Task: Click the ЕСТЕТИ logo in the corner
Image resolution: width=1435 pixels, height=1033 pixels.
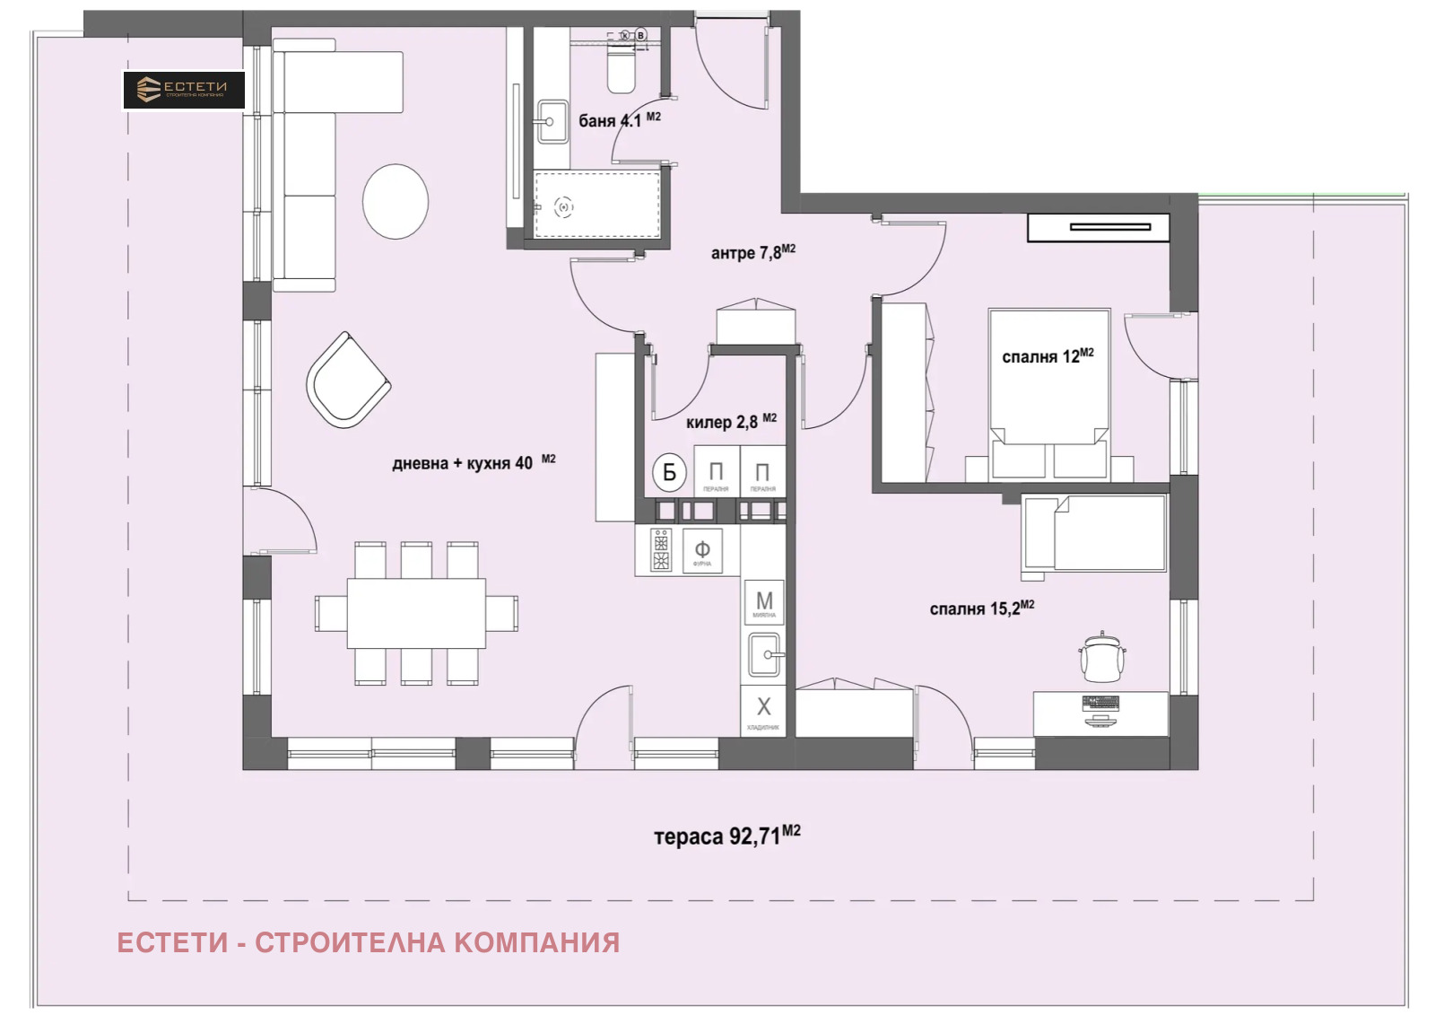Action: click(x=184, y=90)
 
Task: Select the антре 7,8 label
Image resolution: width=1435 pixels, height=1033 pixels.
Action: click(x=752, y=252)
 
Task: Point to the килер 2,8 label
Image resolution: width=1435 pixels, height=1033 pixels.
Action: click(x=730, y=422)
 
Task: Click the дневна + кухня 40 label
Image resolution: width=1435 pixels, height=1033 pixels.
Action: click(x=473, y=463)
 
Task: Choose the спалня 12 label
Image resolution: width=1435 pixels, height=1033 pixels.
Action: click(x=1047, y=356)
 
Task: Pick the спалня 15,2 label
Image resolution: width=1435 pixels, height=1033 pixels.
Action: click(x=981, y=608)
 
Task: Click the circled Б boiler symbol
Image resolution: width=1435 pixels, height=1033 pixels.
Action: click(x=669, y=472)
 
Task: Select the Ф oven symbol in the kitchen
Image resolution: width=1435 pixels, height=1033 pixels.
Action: click(x=702, y=550)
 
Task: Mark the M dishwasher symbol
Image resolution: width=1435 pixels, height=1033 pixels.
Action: click(x=764, y=602)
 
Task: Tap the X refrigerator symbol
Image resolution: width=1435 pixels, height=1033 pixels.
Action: click(x=763, y=708)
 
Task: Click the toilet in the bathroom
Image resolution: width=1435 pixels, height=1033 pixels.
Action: click(x=621, y=70)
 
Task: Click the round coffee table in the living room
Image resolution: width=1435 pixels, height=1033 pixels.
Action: click(x=396, y=201)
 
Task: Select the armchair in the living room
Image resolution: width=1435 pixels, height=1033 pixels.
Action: click(x=346, y=381)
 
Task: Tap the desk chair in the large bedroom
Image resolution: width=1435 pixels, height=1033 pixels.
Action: click(x=1101, y=658)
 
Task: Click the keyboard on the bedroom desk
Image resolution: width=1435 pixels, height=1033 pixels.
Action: click(x=1100, y=703)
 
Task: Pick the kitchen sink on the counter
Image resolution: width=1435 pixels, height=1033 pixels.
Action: click(x=764, y=654)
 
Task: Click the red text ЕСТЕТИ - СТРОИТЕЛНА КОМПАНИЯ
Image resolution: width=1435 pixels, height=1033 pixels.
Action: click(x=368, y=942)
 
